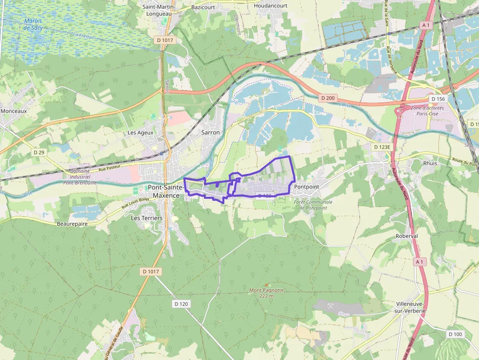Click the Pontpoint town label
pos(306,187)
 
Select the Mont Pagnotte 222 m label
pos(266,293)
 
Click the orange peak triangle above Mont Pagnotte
pos(266,284)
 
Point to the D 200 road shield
pos(328,98)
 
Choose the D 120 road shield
pos(181,304)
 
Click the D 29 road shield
pos(39,152)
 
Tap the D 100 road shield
pos(455,334)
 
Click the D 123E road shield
pos(382,147)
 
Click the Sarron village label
pos(211,132)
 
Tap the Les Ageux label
pos(140,132)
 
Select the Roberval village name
pos(407,235)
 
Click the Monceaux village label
pos(14,111)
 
